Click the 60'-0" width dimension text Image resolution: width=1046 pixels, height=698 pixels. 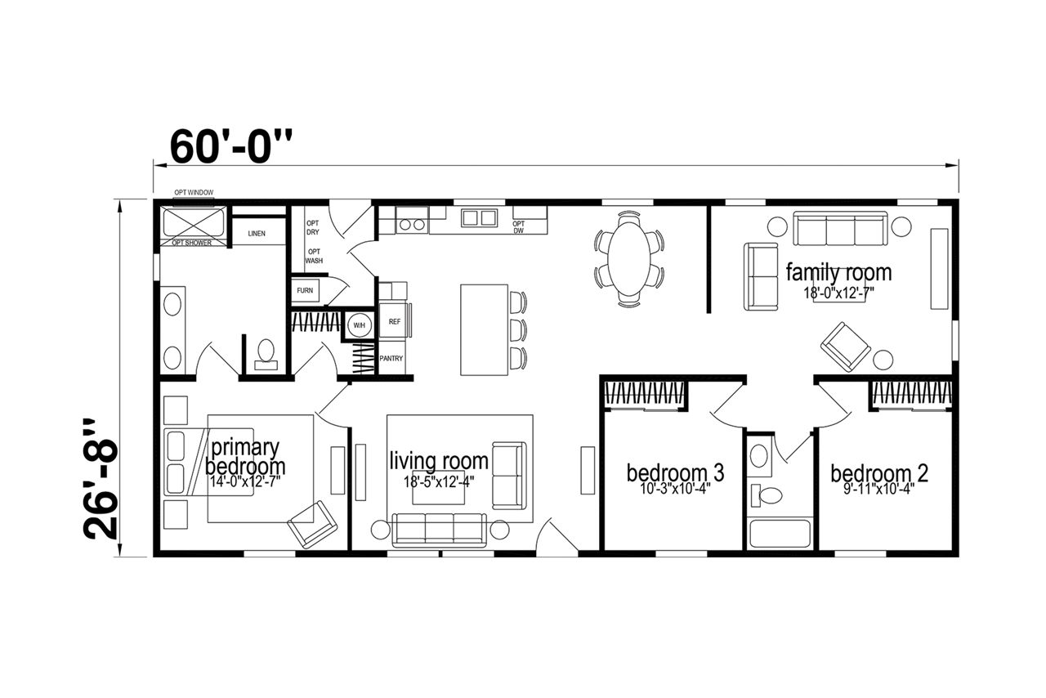click(x=231, y=145)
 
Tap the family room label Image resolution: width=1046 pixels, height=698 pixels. click(x=838, y=273)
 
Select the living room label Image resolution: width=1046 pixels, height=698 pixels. click(x=439, y=461)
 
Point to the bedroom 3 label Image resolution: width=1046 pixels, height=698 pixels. click(x=675, y=472)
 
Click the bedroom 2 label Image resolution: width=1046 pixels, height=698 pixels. click(x=879, y=473)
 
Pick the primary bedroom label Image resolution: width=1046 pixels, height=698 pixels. click(x=245, y=457)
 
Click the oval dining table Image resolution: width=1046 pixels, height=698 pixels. click(x=629, y=259)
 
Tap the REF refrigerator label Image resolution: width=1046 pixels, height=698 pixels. click(x=395, y=321)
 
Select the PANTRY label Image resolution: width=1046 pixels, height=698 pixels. click(x=391, y=358)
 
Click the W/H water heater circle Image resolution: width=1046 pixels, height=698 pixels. click(x=359, y=325)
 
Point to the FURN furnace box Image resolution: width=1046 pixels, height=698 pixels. click(x=305, y=291)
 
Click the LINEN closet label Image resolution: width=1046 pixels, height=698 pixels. click(x=257, y=233)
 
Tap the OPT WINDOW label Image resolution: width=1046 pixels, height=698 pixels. click(x=194, y=193)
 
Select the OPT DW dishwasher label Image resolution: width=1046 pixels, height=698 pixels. click(x=519, y=227)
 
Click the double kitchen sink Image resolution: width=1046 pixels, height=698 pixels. click(x=479, y=218)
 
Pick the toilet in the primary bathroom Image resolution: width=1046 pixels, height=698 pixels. click(x=266, y=355)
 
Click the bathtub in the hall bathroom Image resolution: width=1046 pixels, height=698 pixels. click(x=780, y=533)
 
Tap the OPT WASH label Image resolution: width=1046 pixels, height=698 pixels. click(x=315, y=256)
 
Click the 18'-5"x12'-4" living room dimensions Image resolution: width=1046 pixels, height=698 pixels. click(x=439, y=481)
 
